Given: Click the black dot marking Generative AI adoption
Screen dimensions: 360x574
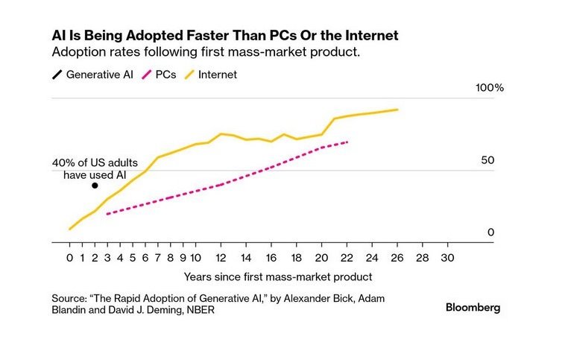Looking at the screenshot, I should (95, 186).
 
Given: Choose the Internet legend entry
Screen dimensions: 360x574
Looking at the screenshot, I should (217, 75).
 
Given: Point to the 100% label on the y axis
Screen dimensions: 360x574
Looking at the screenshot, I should (490, 88).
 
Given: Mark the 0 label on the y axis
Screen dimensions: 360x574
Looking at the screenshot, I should (491, 233).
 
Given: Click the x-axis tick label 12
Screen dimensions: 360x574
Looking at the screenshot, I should (221, 258).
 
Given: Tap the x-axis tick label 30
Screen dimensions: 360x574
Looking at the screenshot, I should (447, 258).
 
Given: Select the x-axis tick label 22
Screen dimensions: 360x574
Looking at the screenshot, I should (347, 258).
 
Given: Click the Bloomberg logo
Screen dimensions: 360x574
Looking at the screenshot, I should (473, 307).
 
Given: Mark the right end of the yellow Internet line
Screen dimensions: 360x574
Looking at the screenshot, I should (397, 110).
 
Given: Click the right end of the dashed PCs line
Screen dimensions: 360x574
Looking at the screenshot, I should (347, 142).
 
